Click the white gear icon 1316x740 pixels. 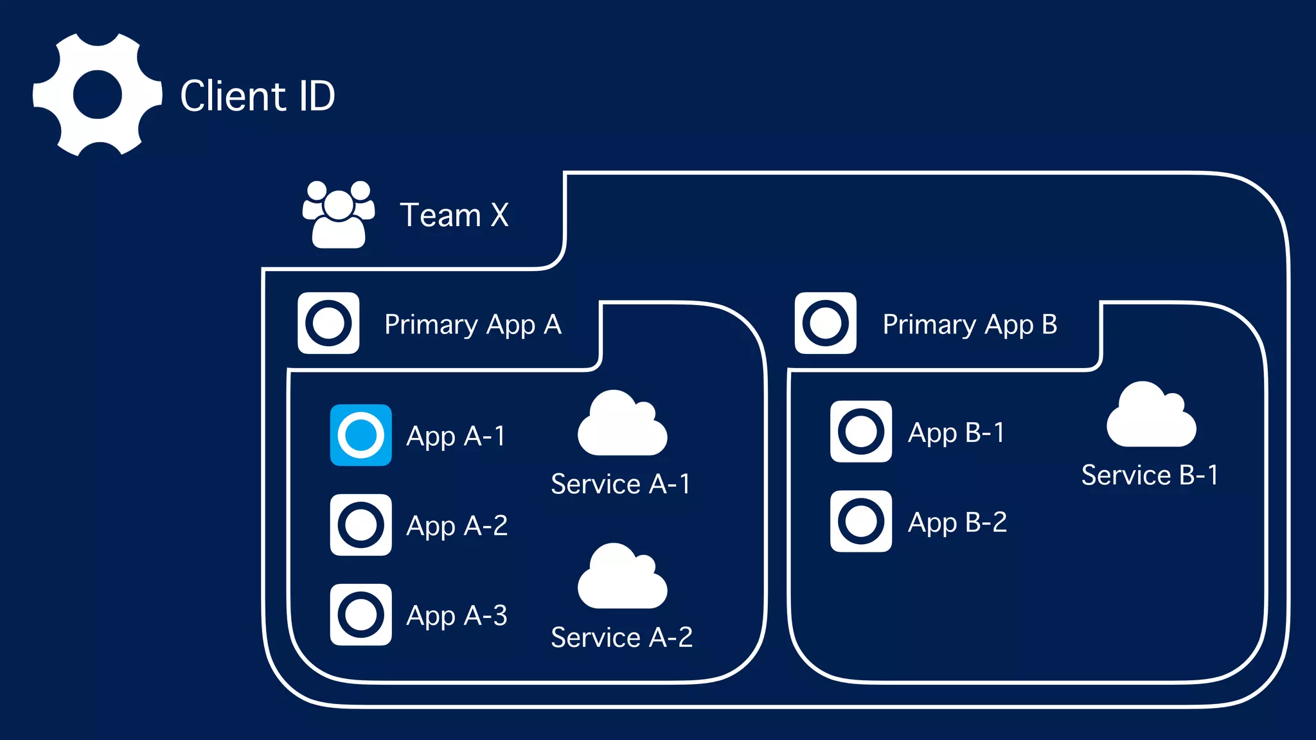click(x=98, y=94)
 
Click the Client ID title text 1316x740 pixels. click(x=257, y=96)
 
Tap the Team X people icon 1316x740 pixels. click(x=339, y=215)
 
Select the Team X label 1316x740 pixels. click(x=454, y=215)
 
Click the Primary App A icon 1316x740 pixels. click(x=328, y=323)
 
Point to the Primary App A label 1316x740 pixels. click(x=472, y=324)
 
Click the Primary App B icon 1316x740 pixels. click(x=825, y=323)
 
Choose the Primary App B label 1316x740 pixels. click(x=969, y=324)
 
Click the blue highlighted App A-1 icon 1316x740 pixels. click(x=360, y=435)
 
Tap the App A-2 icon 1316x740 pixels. click(x=360, y=525)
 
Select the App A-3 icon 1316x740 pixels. click(x=360, y=615)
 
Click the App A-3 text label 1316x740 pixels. click(x=456, y=615)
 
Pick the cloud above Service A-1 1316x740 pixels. click(x=621, y=425)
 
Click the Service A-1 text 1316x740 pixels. click(x=620, y=484)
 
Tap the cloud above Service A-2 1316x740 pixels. click(x=621, y=578)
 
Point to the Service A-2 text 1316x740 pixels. click(x=621, y=637)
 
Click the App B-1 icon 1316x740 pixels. click(x=860, y=431)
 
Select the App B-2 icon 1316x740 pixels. click(x=860, y=521)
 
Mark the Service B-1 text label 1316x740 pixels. click(x=1149, y=475)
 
